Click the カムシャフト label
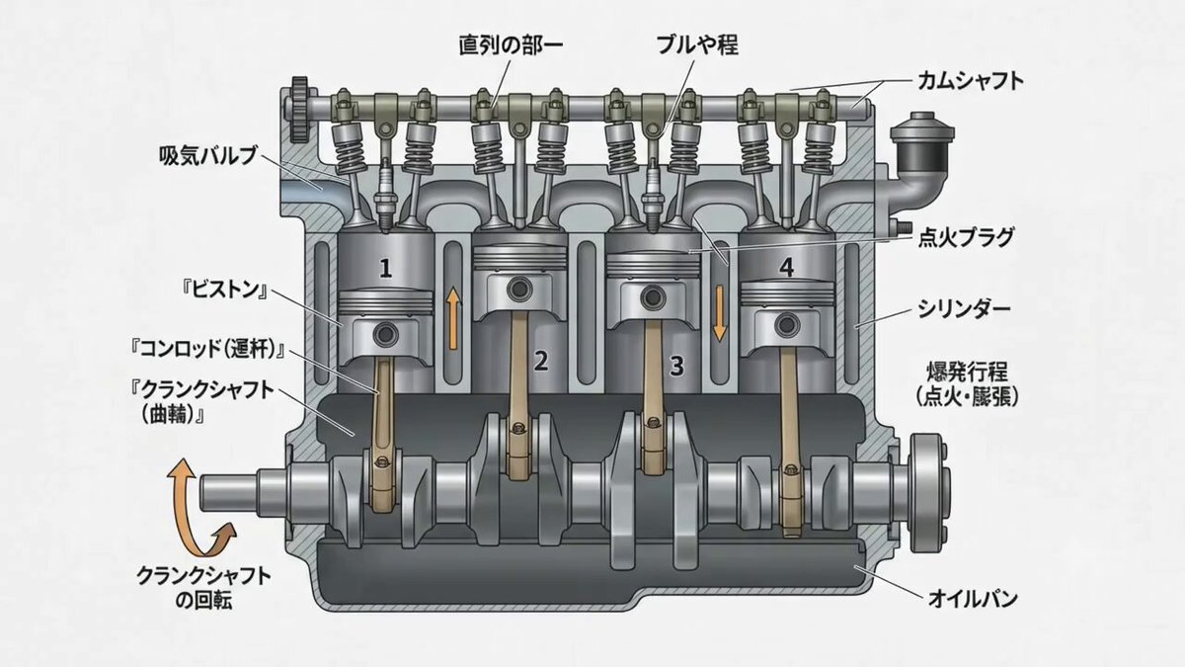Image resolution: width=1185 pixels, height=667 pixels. tap(970, 81)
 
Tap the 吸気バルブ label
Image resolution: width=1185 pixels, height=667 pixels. tap(208, 156)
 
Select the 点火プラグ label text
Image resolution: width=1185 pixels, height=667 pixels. tap(966, 237)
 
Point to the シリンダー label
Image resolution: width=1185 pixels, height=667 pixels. tap(964, 309)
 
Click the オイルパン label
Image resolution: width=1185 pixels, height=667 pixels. tap(973, 599)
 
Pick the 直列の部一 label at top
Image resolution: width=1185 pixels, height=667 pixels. tap(510, 45)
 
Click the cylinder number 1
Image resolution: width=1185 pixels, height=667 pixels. tap(386, 269)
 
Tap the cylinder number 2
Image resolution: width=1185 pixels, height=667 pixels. tap(541, 361)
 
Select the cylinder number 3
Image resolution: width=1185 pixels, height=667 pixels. tap(676, 366)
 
